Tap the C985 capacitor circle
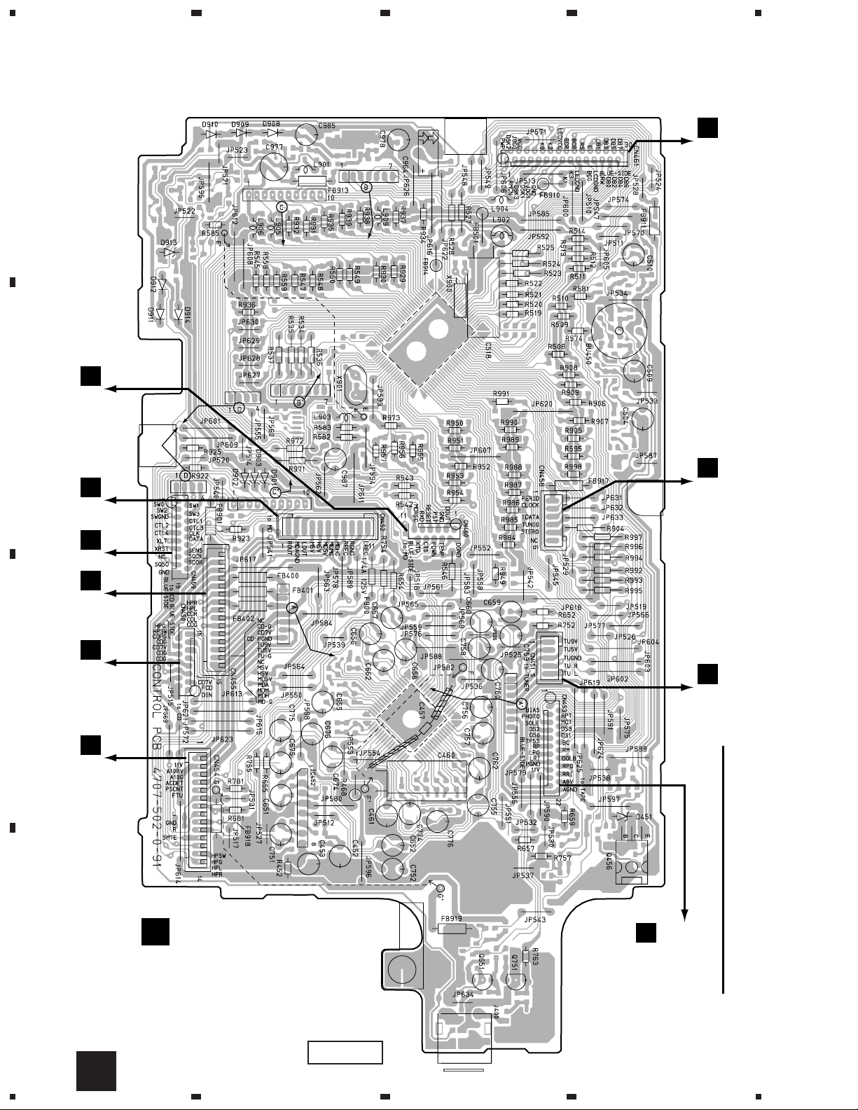point(305,133)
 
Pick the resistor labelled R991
point(501,402)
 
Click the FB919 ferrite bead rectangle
point(452,929)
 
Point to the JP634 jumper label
point(464,993)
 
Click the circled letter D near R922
point(184,476)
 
